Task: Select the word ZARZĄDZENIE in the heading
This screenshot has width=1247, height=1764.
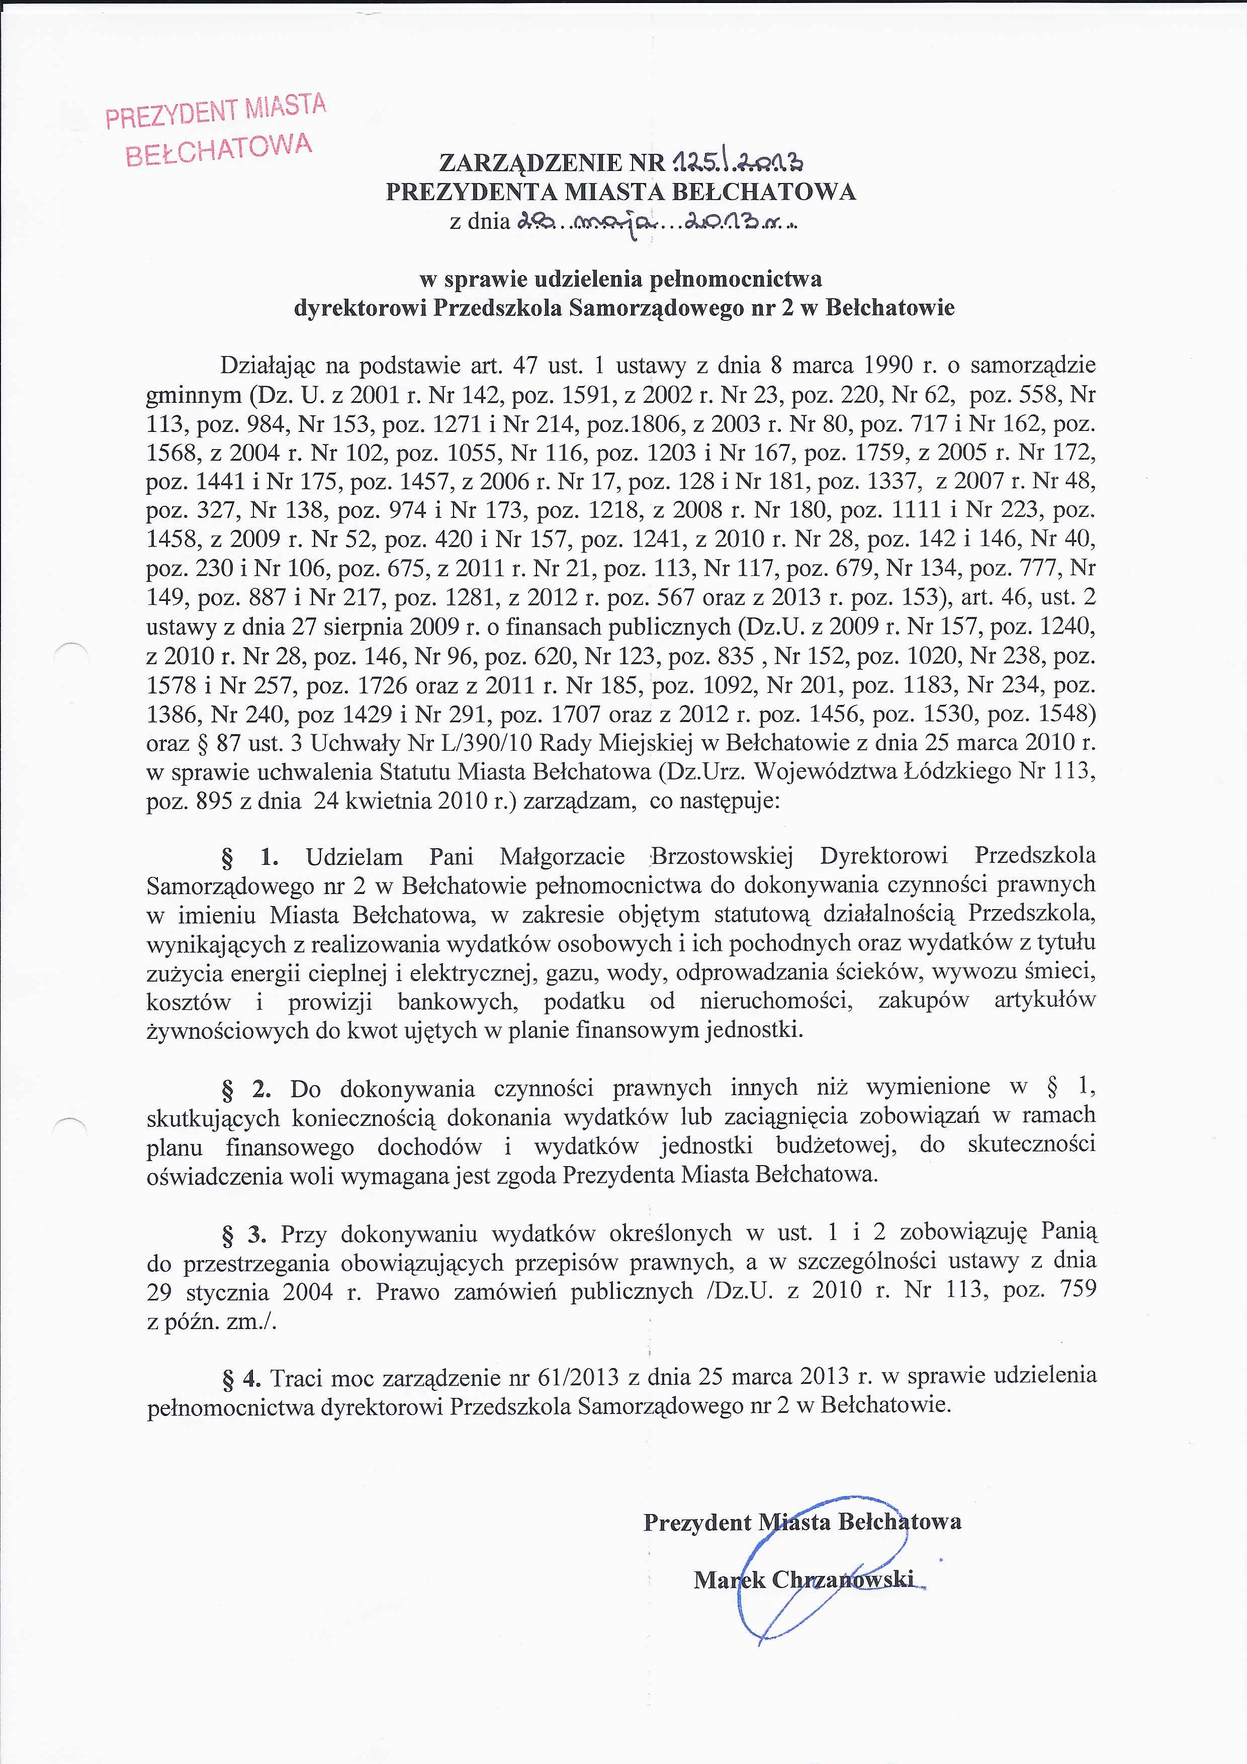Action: pos(530,163)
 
